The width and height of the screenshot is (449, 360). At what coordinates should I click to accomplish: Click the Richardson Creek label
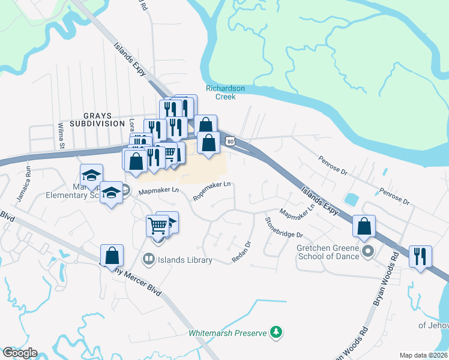point(225,92)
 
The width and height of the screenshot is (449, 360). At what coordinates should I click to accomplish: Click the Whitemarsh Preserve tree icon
point(276,332)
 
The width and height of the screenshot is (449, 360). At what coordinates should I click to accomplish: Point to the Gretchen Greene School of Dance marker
point(369,250)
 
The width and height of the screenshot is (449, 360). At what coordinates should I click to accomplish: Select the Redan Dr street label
point(241,252)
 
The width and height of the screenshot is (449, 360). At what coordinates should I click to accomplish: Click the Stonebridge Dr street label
point(284,227)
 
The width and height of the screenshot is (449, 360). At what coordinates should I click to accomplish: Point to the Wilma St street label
point(61,136)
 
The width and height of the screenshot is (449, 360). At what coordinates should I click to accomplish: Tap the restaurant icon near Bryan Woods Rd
point(420,256)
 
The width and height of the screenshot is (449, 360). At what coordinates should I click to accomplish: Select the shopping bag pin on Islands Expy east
point(364,226)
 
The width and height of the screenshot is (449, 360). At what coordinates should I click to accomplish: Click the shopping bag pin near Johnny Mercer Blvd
point(112,256)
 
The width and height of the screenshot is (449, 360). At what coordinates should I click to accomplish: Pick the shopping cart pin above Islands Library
point(158,226)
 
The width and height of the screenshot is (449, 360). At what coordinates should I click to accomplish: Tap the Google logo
point(19,352)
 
